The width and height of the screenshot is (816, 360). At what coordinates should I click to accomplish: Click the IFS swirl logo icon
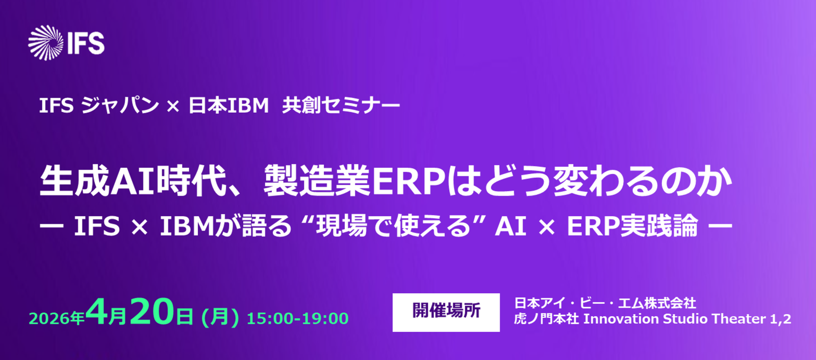click(x=46, y=43)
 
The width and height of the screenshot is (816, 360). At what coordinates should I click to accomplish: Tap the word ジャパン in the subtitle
click(x=120, y=106)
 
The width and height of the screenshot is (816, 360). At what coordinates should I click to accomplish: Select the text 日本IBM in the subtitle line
click(x=228, y=106)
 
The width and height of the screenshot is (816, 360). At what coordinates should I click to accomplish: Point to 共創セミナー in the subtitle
click(x=341, y=106)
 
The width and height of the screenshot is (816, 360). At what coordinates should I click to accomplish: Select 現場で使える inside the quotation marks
click(x=394, y=226)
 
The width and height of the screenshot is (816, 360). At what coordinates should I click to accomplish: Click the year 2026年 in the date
click(x=57, y=318)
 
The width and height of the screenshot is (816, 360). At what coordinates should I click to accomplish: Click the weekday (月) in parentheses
click(x=220, y=317)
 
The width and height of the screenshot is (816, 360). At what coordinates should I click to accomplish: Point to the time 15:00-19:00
click(x=298, y=319)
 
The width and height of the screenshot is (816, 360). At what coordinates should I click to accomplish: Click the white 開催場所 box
click(x=446, y=312)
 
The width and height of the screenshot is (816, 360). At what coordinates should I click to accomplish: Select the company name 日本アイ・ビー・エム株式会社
click(x=605, y=303)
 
